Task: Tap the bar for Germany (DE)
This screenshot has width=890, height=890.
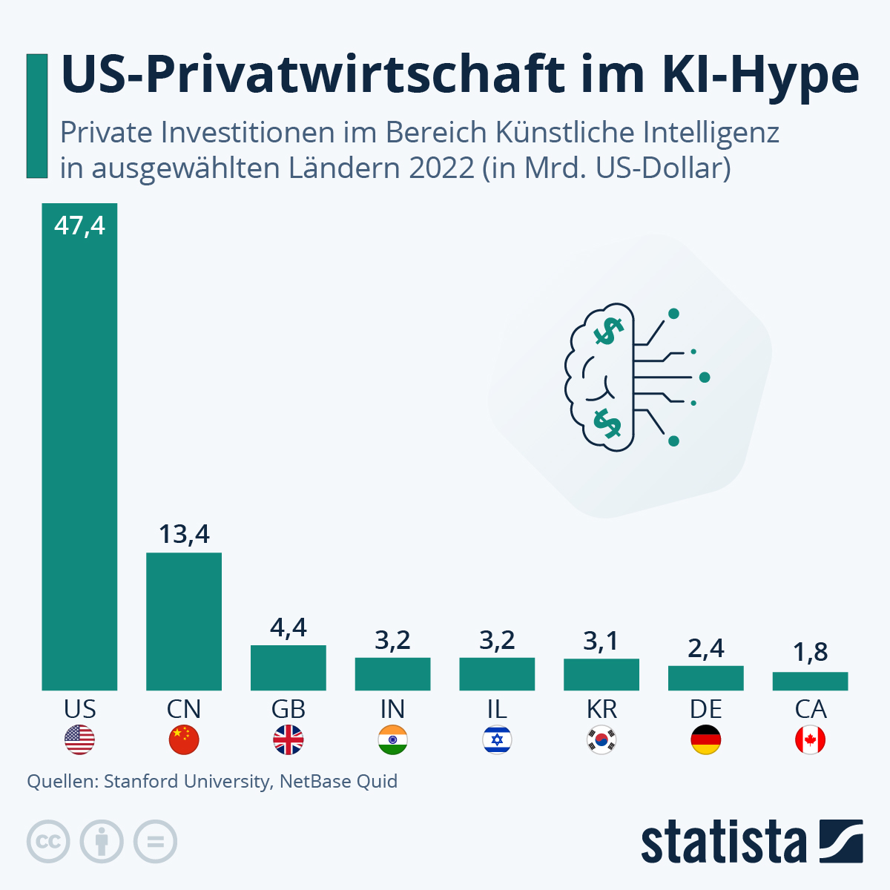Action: tap(705, 678)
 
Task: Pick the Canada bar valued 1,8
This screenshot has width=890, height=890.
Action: tap(810, 681)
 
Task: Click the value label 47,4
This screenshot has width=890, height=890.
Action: tap(79, 225)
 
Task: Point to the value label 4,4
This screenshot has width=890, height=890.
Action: tap(289, 628)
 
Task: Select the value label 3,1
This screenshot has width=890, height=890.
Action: tap(601, 641)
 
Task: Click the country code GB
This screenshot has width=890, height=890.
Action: tap(289, 710)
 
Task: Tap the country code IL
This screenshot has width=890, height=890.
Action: tap(497, 710)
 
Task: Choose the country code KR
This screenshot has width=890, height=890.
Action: tap(601, 710)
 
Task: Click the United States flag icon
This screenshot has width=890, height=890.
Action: tap(79, 740)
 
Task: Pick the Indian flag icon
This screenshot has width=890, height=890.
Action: tap(392, 740)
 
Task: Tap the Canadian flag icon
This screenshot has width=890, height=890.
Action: tap(810, 740)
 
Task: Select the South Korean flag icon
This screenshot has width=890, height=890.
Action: tap(601, 740)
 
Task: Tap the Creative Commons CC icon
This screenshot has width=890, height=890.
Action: tap(48, 842)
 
